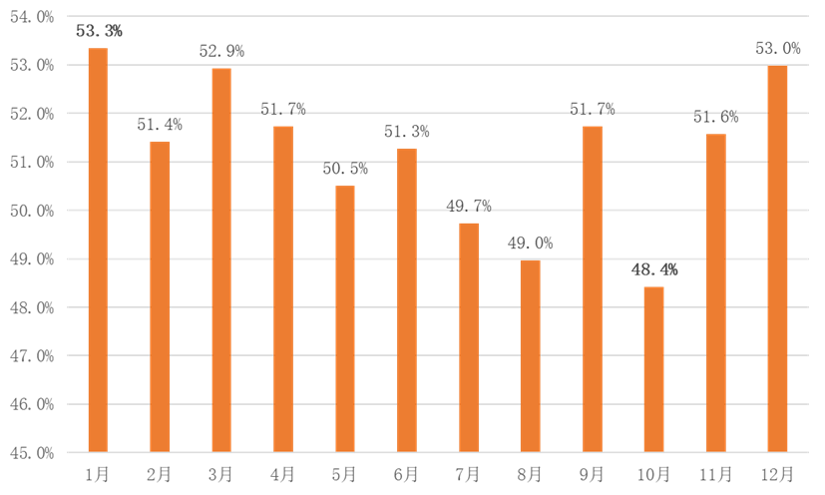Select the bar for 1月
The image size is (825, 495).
(x=97, y=249)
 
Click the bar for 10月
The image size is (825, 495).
(x=653, y=369)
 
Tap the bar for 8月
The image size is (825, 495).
(x=530, y=355)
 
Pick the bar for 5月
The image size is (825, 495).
(x=344, y=318)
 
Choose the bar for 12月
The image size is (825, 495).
(x=777, y=258)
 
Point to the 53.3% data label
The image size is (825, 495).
(x=99, y=31)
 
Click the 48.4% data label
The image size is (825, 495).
(x=654, y=270)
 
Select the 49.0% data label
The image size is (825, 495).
(x=530, y=243)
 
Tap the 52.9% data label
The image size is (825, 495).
(x=221, y=51)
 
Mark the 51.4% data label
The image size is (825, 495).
(x=160, y=125)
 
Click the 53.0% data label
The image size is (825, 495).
(x=777, y=48)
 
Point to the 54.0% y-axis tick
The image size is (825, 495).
(x=33, y=17)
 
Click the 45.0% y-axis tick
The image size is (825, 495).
(x=33, y=453)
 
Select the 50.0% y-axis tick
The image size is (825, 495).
(x=33, y=211)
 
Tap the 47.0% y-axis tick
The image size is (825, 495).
(x=33, y=356)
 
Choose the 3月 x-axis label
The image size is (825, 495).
(x=220, y=473)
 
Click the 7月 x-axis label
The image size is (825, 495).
(x=468, y=473)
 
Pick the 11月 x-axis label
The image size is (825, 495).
(x=715, y=473)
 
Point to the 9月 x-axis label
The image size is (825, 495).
(x=592, y=473)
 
